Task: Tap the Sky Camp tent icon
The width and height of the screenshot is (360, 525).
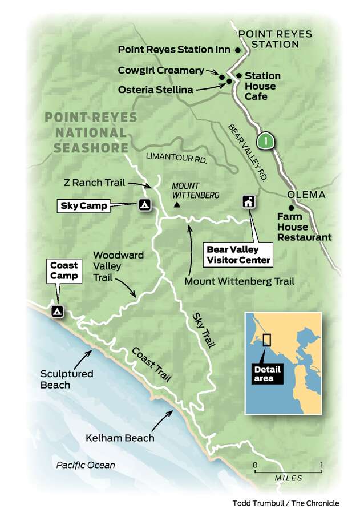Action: pyautogui.click(x=145, y=205)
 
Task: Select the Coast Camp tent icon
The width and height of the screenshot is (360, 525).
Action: pyautogui.click(x=57, y=311)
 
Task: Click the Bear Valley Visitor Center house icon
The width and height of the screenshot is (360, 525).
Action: pyautogui.click(x=249, y=202)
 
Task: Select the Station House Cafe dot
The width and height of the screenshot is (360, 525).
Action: pyautogui.click(x=239, y=75)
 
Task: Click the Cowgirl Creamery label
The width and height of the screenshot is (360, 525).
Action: pyautogui.click(x=161, y=71)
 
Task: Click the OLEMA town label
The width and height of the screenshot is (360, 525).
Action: pyautogui.click(x=306, y=195)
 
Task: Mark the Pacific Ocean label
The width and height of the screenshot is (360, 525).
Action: pyautogui.click(x=86, y=465)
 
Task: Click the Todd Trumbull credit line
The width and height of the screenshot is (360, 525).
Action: pyautogui.click(x=285, y=503)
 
